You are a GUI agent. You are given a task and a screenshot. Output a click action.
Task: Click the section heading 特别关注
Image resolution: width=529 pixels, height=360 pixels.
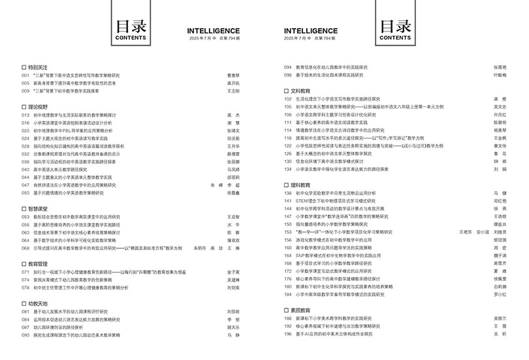(x=38, y=67)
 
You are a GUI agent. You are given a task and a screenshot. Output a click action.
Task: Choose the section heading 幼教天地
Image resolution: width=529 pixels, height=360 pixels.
(x=38, y=303)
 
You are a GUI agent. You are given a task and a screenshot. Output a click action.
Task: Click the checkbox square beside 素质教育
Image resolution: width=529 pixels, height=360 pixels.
(x=286, y=310)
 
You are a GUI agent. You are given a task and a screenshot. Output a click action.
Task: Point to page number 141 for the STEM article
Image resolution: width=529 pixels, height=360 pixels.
(x=287, y=201)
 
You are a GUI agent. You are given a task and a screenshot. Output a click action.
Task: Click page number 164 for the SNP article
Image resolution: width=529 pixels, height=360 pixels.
(x=287, y=255)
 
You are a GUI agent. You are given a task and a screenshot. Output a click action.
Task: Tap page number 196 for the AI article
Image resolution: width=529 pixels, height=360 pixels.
(x=287, y=334)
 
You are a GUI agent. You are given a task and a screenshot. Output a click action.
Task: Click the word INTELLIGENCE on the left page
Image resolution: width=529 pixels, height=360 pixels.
(x=213, y=31)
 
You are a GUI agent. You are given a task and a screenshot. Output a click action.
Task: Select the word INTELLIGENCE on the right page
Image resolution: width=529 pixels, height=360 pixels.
(x=311, y=31)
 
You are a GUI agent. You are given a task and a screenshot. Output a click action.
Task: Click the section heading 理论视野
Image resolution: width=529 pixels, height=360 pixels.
(x=38, y=106)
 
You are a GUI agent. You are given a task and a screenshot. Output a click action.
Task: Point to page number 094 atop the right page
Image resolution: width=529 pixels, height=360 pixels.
(x=287, y=67)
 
